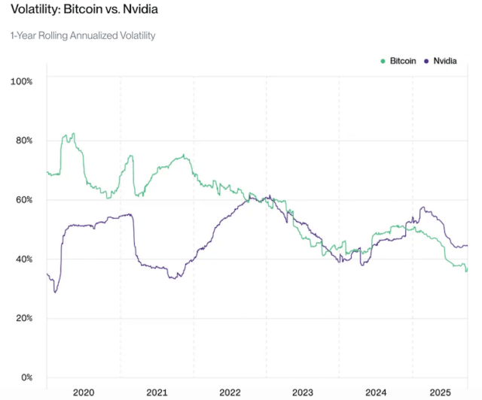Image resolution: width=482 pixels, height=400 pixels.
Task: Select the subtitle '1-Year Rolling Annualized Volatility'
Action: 83,35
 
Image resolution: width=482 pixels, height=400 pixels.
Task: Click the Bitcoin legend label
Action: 403,60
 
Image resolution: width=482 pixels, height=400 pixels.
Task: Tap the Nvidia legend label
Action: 445,60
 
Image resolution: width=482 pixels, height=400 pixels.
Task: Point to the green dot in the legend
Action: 383,60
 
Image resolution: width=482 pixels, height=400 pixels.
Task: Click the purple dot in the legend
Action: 427,60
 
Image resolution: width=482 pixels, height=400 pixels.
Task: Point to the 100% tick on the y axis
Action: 21,80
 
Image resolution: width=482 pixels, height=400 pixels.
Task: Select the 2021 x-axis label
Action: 157,392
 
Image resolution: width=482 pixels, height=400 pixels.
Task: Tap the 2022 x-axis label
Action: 230,392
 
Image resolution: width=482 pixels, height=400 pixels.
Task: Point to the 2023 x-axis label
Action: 303,392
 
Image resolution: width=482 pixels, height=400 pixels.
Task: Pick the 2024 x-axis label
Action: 375,392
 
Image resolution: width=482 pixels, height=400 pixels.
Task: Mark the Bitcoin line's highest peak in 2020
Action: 72,134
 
